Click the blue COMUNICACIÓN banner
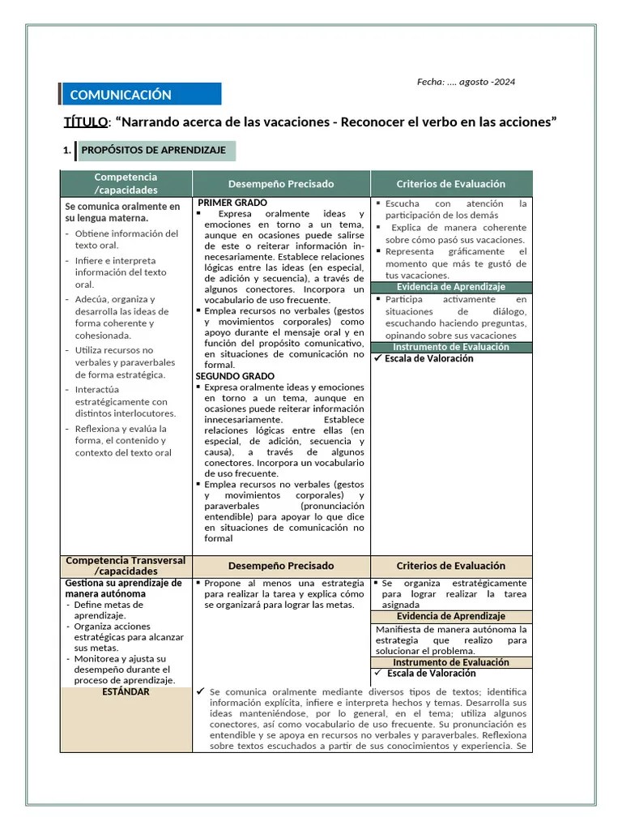(140, 95)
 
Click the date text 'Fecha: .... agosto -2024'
(466, 82)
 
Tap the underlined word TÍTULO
(85, 122)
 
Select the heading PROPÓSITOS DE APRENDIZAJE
(153, 151)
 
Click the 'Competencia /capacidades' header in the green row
(126, 183)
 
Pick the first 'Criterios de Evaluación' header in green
(450, 184)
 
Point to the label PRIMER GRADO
(232, 203)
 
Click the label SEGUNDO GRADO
(235, 376)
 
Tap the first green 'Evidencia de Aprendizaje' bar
(450, 287)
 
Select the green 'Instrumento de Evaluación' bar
(450, 347)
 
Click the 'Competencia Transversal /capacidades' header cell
(126, 566)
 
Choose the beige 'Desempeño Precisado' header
(280, 566)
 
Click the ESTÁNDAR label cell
(126, 692)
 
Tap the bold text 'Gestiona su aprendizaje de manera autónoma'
(123, 588)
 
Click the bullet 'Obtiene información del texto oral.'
(126, 239)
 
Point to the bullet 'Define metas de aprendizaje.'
(109, 610)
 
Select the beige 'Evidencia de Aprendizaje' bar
(450, 616)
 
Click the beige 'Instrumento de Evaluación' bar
(450, 662)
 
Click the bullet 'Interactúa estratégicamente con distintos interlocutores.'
(121, 401)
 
